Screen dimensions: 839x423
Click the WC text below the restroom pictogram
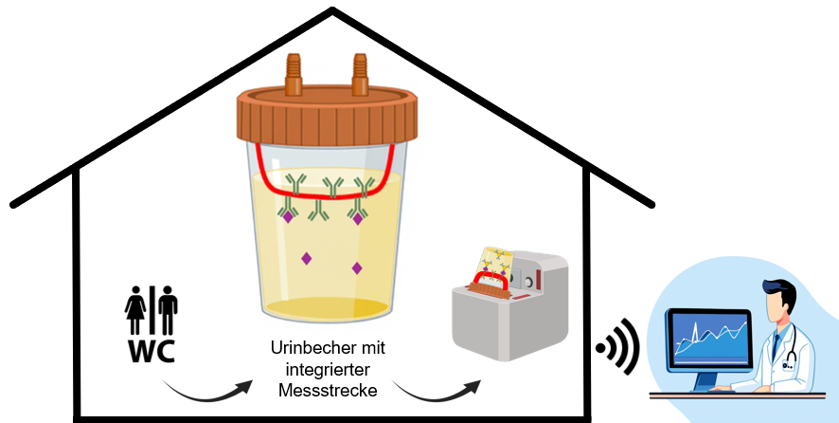(x=152, y=352)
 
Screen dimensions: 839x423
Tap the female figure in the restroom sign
(x=134, y=309)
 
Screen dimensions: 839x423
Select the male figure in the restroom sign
(x=168, y=309)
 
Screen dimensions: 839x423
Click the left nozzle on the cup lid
(x=294, y=75)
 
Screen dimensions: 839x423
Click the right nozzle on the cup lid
(x=360, y=75)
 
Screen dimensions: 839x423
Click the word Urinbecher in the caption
(x=307, y=348)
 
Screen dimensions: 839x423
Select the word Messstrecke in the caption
(x=328, y=391)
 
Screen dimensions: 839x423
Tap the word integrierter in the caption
(x=328, y=370)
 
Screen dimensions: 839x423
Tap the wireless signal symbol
(x=618, y=347)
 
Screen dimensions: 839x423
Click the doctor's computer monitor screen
(x=709, y=338)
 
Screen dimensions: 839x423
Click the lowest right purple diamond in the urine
(x=357, y=268)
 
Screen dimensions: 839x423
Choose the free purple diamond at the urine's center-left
(x=306, y=259)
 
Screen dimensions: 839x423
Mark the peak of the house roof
(x=332, y=9)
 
